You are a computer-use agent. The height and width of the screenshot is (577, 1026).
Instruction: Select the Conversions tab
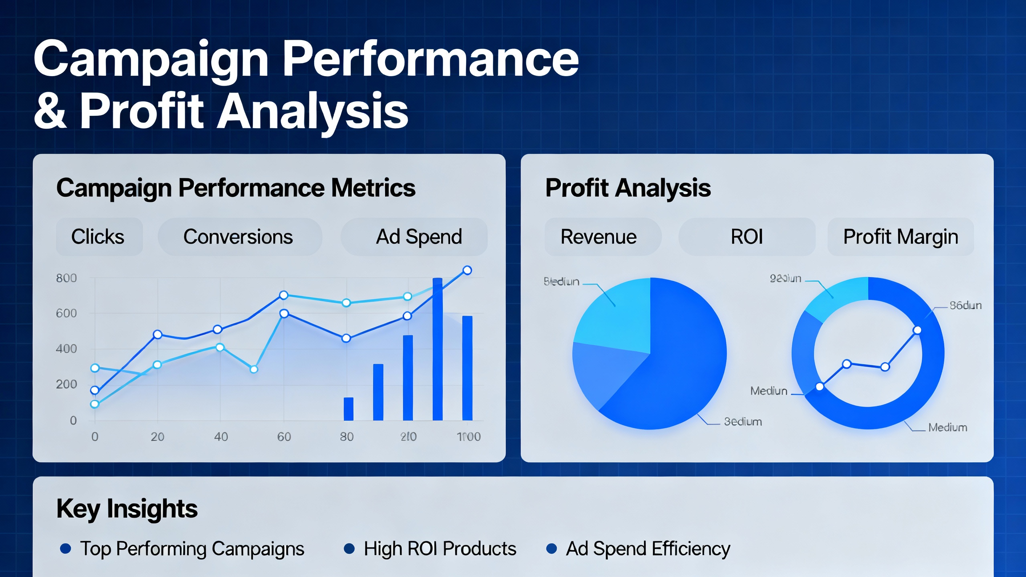[x=239, y=237]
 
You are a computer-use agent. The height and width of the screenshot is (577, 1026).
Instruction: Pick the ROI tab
[x=747, y=237]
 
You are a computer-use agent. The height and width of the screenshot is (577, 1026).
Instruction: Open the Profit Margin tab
[x=900, y=237]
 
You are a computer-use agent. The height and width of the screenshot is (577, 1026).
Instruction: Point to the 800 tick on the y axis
[x=66, y=278]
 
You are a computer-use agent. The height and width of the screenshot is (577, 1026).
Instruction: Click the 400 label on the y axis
[x=66, y=349]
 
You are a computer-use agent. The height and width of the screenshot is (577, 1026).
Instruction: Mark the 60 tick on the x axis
[x=284, y=437]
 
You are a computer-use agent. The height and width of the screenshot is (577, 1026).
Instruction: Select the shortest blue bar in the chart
[x=348, y=409]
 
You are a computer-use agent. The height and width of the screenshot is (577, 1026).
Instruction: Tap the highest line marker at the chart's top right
[x=467, y=270]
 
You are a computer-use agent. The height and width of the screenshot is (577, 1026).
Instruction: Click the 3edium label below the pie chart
[x=743, y=422]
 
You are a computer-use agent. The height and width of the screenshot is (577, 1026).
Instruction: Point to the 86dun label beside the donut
[x=965, y=306]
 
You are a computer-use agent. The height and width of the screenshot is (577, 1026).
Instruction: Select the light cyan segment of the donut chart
[x=838, y=299]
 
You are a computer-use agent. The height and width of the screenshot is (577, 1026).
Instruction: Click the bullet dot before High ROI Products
[x=349, y=549]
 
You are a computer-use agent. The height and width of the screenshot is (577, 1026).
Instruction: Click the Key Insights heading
[x=127, y=509]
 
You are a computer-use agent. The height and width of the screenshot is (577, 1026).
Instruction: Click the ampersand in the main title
[x=50, y=110]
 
